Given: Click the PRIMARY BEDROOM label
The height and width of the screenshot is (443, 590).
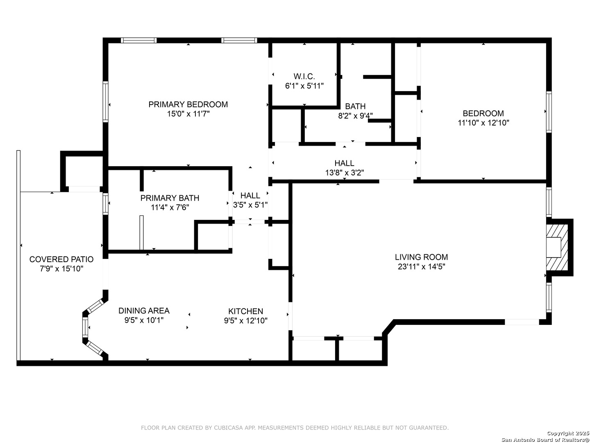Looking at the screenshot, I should (x=188, y=105).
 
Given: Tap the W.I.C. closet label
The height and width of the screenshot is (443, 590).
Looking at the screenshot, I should (x=304, y=77).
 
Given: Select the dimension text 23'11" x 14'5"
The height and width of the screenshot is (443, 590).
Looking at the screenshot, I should (x=421, y=267).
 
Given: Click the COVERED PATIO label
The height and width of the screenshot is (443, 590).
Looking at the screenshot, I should (x=61, y=259).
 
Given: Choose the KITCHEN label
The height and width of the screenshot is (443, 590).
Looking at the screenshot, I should (x=245, y=311).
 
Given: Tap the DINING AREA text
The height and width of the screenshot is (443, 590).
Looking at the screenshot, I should (x=144, y=311).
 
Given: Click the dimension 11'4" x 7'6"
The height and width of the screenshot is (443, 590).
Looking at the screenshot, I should (x=170, y=208).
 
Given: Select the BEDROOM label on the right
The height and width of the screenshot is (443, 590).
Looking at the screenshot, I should (x=483, y=114).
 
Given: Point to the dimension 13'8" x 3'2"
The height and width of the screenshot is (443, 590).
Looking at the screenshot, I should (x=344, y=173).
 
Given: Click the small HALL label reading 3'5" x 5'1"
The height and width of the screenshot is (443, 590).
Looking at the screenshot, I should (x=250, y=196).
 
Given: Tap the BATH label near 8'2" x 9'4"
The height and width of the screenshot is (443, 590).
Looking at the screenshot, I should (x=355, y=107).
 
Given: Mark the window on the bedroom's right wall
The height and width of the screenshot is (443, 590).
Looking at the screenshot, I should (x=548, y=112).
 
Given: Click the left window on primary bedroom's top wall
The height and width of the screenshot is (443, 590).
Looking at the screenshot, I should (x=138, y=40).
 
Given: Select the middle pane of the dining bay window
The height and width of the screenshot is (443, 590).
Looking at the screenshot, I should (x=85, y=327).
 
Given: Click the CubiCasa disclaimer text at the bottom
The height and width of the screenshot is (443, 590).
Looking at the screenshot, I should (x=295, y=428).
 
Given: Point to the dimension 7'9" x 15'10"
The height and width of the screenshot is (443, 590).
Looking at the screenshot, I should (x=61, y=269).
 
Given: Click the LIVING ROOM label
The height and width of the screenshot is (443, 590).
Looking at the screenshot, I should (x=421, y=257).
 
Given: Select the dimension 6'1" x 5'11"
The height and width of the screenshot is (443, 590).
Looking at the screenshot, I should (x=304, y=86).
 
